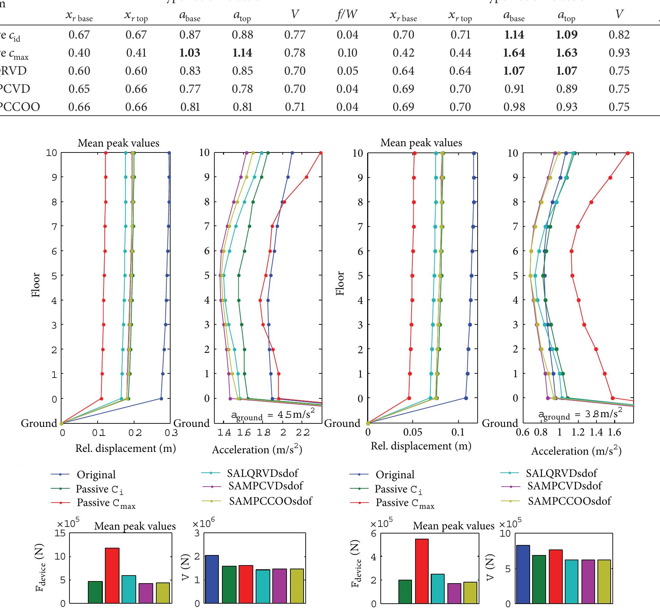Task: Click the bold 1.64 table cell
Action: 514,53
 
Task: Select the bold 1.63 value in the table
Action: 567,53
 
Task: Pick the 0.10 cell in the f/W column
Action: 347,53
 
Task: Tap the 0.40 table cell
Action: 79,53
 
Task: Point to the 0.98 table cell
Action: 514,107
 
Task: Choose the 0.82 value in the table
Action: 619,35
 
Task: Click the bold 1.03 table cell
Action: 190,53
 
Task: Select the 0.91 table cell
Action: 514,89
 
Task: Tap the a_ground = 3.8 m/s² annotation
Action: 580,414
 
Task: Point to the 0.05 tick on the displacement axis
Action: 413,433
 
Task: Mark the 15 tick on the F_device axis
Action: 60,534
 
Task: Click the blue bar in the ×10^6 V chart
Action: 212,579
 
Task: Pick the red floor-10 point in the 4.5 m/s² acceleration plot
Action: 321,153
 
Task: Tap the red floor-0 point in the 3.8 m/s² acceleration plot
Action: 613,398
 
